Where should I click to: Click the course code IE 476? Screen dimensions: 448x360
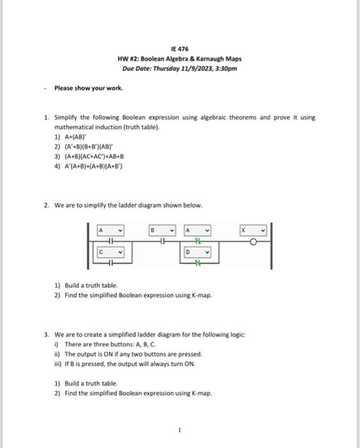tap(180, 49)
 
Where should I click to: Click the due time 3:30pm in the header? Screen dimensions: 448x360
tap(226, 67)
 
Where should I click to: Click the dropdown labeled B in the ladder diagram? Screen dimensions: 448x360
tap(162, 230)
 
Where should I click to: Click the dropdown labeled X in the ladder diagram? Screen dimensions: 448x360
tap(253, 230)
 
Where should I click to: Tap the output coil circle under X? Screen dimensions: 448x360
tap(253, 241)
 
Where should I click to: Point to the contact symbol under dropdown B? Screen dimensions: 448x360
tap(162, 241)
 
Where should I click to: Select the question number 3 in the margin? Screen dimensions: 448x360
tap(46, 334)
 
